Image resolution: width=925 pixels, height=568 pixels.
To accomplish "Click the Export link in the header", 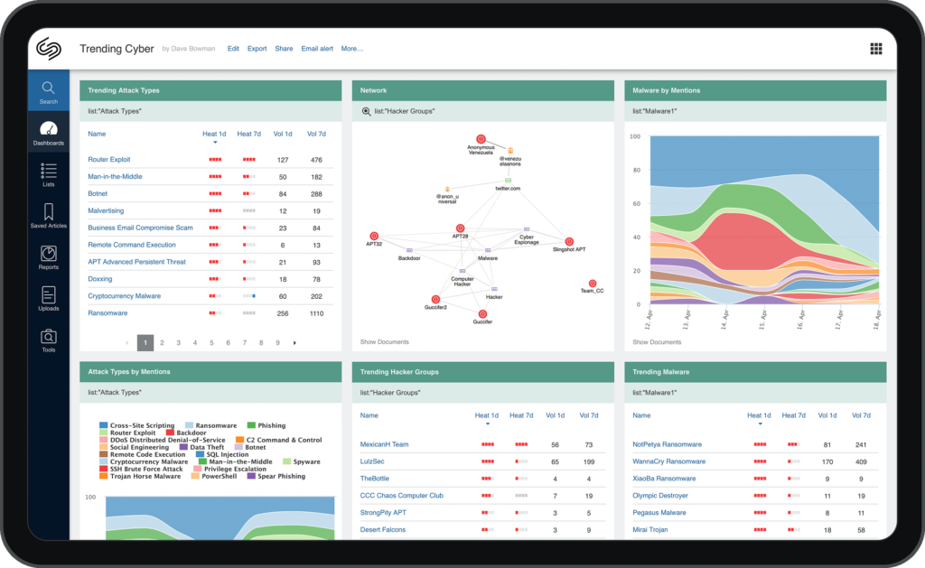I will click(257, 49).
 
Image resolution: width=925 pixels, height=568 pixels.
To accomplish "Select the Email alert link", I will click(317, 49).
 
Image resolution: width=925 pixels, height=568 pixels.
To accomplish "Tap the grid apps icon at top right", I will click(875, 49).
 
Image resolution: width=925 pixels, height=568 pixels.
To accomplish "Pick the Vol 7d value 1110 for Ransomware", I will click(316, 313).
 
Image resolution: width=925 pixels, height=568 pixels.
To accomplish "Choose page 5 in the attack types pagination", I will click(211, 343).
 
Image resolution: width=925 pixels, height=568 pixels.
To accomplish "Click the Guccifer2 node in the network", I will click(435, 299).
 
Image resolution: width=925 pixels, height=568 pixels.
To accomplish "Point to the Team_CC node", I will click(593, 284).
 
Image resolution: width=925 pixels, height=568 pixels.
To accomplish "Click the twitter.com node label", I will click(508, 188).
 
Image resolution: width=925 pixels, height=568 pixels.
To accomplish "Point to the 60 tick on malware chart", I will click(635, 204).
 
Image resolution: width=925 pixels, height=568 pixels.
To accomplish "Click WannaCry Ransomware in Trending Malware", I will click(669, 461).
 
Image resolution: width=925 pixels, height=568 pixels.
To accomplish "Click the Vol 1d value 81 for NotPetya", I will click(827, 444).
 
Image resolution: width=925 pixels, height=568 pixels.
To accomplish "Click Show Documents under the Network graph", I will click(384, 342).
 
